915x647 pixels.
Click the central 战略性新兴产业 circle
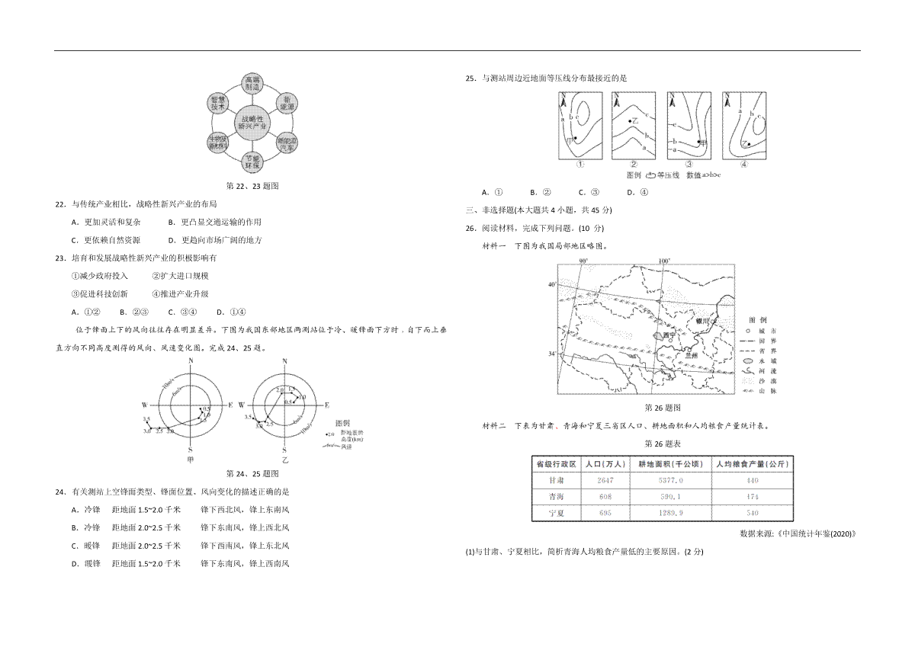coord(252,123)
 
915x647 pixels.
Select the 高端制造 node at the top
coord(252,83)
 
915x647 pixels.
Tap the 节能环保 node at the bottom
coord(252,162)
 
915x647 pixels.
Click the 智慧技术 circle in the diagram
coord(218,103)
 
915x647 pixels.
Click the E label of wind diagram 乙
coord(326,405)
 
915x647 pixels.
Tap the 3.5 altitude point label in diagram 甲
coord(146,419)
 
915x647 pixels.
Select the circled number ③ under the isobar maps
coord(689,164)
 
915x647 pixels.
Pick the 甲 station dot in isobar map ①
coord(575,138)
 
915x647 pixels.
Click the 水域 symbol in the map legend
coord(751,360)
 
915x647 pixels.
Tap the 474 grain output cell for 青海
coord(753,497)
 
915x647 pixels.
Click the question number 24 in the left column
coord(60,492)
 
